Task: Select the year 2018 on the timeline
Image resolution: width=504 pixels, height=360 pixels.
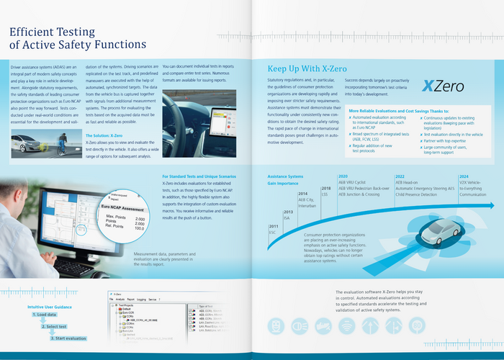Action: [325, 188]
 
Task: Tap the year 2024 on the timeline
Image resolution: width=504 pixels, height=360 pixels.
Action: [464, 176]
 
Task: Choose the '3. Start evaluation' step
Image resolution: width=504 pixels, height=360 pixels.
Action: [64, 338]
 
